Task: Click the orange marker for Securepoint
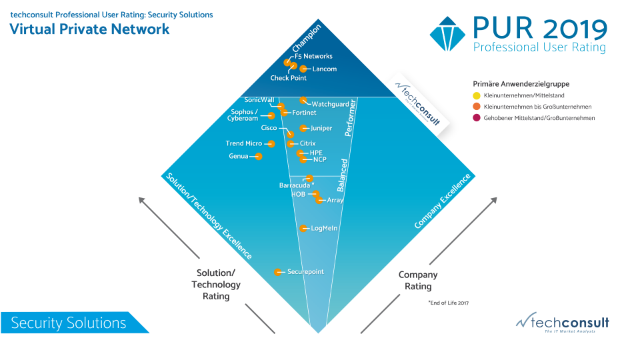(279, 272)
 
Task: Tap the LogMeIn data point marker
(305, 229)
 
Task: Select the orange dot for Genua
(259, 157)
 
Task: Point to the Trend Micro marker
(271, 143)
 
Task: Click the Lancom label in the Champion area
(324, 69)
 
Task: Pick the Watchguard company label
(330, 104)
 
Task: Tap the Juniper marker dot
(304, 128)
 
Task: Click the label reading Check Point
(288, 78)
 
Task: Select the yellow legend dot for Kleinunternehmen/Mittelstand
(476, 95)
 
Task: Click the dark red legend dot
(476, 118)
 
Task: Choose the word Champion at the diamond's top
(307, 38)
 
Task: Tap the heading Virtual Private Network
(89, 29)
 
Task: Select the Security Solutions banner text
(69, 323)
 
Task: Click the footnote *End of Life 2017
(449, 303)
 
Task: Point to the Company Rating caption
(418, 280)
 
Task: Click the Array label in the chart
(335, 200)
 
